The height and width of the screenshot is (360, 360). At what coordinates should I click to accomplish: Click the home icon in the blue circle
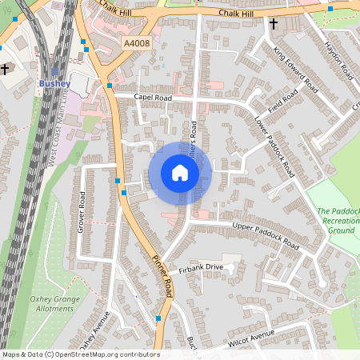pyautogui.click(x=180, y=173)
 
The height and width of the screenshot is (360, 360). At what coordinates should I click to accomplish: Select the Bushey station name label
pyautogui.click(x=54, y=83)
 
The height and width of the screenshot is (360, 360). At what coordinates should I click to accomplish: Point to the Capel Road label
pyautogui.click(x=153, y=97)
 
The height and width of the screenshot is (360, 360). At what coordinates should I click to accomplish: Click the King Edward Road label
pyautogui.click(x=291, y=66)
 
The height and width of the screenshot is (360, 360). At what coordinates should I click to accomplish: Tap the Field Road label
pyautogui.click(x=283, y=101)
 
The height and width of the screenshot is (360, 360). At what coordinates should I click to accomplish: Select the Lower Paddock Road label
pyautogui.click(x=274, y=146)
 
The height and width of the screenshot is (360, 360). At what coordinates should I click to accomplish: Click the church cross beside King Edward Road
pyautogui.click(x=274, y=25)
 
